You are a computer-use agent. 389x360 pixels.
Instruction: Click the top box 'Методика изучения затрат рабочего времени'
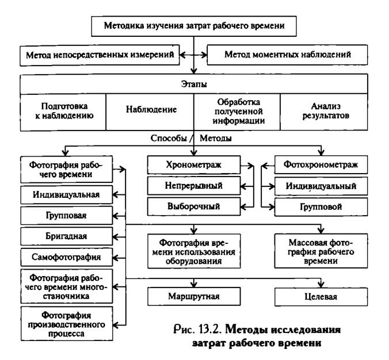pyautogui.click(x=194, y=26)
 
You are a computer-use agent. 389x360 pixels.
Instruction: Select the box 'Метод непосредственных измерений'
pyautogui.click(x=100, y=55)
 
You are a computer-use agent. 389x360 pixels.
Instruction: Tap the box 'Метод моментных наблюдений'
pyautogui.click(x=287, y=55)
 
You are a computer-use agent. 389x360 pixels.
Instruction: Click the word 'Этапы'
pyautogui.click(x=194, y=84)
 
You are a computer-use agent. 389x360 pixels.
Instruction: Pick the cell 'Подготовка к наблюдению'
pyautogui.click(x=63, y=112)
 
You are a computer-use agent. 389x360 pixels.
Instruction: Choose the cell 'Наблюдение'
pyautogui.click(x=150, y=112)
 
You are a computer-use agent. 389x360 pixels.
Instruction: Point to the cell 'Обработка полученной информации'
pyautogui.click(x=237, y=112)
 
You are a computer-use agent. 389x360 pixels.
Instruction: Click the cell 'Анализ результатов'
pyautogui.click(x=324, y=112)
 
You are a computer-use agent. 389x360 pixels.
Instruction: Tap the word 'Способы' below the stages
pyautogui.click(x=169, y=139)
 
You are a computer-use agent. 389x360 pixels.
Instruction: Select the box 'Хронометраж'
pyautogui.click(x=194, y=165)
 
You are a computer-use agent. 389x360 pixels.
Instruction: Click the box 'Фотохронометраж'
pyautogui.click(x=321, y=164)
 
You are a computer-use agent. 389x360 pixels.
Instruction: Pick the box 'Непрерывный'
pyautogui.click(x=194, y=186)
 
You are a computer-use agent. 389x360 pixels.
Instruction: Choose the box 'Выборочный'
pyautogui.click(x=194, y=206)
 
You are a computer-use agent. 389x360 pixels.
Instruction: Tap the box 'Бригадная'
pyautogui.click(x=67, y=236)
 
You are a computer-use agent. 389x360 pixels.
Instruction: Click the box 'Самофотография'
pyautogui.click(x=67, y=258)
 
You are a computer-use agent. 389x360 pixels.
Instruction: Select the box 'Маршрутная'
pyautogui.click(x=194, y=296)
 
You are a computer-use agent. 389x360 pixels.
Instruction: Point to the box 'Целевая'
pyautogui.click(x=321, y=297)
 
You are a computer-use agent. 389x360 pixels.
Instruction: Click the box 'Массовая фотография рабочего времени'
pyautogui.click(x=321, y=251)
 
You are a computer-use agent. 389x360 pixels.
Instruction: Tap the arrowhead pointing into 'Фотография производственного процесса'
pyautogui.click(x=116, y=325)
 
